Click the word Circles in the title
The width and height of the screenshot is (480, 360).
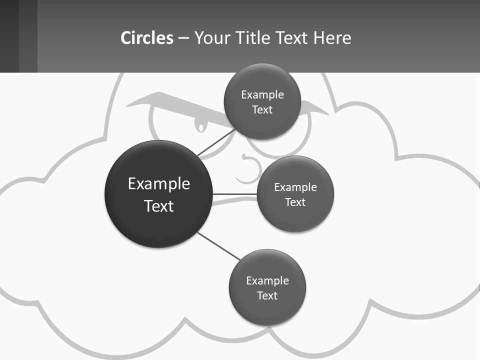[147, 38]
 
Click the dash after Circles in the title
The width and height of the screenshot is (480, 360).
[183, 38]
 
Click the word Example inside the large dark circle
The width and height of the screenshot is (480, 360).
[159, 183]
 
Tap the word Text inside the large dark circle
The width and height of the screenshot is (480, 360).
[159, 206]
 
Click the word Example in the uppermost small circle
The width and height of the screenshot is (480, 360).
[262, 94]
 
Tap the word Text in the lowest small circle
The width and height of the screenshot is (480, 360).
[267, 295]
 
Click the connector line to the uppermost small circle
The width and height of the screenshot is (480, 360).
[216, 142]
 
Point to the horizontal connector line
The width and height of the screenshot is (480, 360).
[235, 194]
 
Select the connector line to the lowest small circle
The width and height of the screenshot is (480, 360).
[218, 246]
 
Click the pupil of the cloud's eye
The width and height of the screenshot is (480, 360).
[201, 126]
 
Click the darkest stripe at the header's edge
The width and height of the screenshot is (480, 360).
[9, 36]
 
